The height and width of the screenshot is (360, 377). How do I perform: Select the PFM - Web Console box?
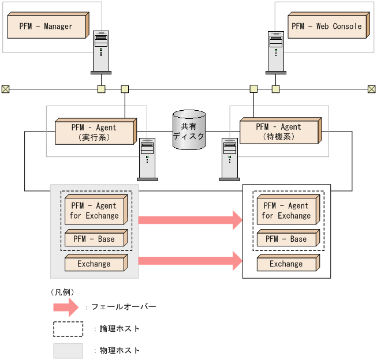click(327, 27)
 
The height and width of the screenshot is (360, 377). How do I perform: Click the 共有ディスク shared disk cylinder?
click(189, 131)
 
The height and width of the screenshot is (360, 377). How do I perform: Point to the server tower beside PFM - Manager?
click(101, 52)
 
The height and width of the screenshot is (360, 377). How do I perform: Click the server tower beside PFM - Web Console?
click(276, 52)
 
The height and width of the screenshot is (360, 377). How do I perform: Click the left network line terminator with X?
click(5, 89)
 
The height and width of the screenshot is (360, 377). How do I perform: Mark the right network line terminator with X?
click(371, 89)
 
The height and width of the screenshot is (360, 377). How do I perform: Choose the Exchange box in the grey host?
click(95, 264)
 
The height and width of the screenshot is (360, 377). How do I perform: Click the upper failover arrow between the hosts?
click(189, 219)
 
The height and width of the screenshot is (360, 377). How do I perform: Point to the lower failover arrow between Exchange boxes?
click(189, 260)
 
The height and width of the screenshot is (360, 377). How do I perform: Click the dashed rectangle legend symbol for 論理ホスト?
click(68, 329)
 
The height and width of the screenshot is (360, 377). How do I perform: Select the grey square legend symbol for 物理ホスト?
click(68, 350)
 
